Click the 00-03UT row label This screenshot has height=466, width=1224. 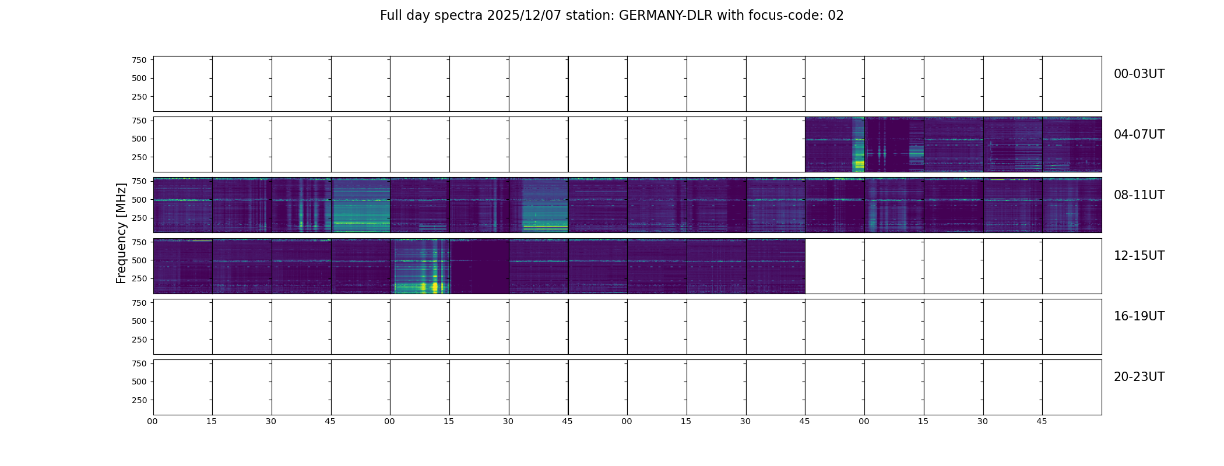pos(1139,74)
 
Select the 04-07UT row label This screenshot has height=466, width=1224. pos(1139,135)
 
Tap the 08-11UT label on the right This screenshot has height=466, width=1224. pos(1139,195)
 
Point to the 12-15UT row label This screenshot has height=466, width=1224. pos(1139,256)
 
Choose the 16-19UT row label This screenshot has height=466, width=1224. pos(1139,316)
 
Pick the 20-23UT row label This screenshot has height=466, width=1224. pos(1139,377)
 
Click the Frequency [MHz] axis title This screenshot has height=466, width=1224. pos(121,233)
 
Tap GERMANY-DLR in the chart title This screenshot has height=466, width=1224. pos(666,16)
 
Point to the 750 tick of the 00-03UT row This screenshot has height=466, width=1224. pos(139,60)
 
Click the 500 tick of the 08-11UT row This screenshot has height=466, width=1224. pos(139,200)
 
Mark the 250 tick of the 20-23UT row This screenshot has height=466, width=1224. pos(139,400)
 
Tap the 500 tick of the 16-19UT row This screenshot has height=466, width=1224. pos(139,321)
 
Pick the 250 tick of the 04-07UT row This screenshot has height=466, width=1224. pos(139,157)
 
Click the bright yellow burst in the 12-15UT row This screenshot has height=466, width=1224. pos(434,286)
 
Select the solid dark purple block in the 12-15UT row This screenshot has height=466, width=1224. pos(479,266)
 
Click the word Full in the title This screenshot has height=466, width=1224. pos(390,16)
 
